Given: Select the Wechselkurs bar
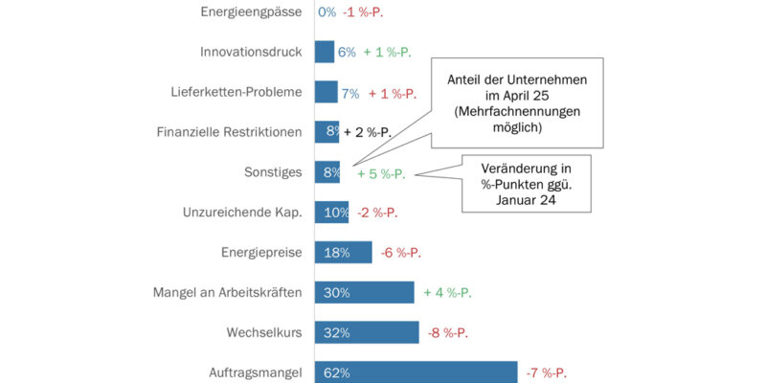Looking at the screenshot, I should [367, 332].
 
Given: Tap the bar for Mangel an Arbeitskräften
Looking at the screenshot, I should [364, 293].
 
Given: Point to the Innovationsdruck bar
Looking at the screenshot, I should [325, 52].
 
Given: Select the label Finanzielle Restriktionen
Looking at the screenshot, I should [229, 132].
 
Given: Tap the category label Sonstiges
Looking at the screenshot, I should [274, 172].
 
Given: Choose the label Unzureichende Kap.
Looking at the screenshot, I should [241, 213].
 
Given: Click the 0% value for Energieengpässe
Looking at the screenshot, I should [327, 11].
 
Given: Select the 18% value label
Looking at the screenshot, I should [335, 253].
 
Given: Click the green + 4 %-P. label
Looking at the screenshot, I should [448, 293].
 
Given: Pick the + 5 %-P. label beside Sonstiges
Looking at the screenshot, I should [382, 174].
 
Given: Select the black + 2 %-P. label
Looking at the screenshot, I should [369, 132].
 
